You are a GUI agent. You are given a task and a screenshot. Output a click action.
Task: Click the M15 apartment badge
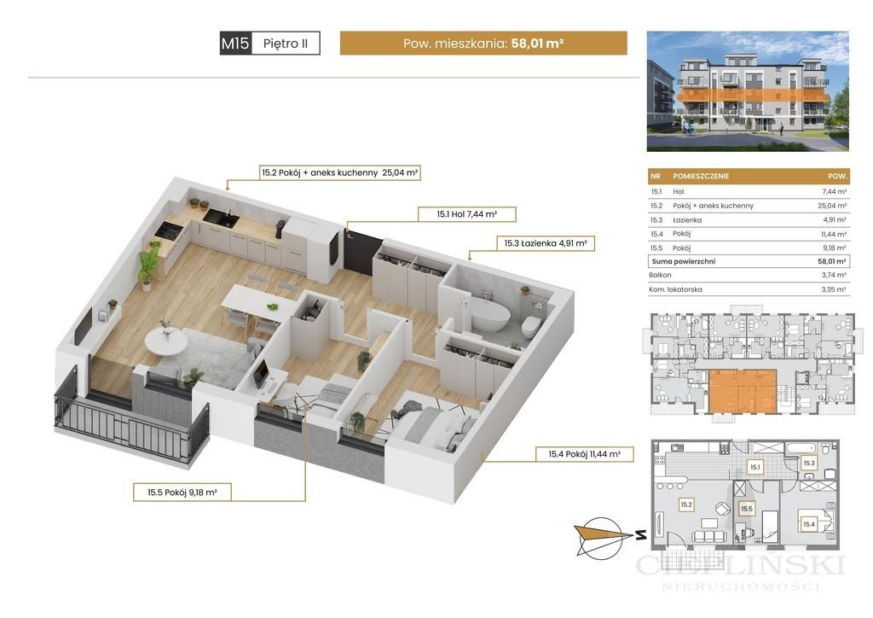[x=235, y=44]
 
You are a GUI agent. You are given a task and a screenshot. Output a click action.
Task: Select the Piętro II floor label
[x=286, y=44]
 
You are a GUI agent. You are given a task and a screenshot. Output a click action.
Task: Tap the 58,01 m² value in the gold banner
[x=537, y=43]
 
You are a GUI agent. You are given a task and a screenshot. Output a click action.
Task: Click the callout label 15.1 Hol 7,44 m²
[x=466, y=214]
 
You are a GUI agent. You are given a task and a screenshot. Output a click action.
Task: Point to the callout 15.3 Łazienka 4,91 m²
[x=546, y=243]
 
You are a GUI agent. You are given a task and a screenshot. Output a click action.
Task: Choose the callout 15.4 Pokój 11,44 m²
[x=584, y=454]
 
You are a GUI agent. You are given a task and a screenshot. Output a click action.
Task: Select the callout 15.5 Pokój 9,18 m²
[x=182, y=492]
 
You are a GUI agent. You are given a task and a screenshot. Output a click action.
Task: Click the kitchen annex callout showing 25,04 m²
[x=339, y=172]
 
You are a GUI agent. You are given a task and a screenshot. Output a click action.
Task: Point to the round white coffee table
[x=166, y=341]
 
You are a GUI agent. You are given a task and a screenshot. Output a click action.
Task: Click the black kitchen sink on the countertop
[x=221, y=218]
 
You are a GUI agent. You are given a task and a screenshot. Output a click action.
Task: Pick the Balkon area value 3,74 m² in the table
[x=834, y=275]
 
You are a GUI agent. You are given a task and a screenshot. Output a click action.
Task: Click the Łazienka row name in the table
[x=687, y=220]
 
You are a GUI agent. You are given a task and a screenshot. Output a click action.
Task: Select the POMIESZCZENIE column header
[x=701, y=176]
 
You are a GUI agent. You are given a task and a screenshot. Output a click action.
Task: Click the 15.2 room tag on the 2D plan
[x=686, y=504]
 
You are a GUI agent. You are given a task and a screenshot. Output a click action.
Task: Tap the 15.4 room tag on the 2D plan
[x=808, y=524]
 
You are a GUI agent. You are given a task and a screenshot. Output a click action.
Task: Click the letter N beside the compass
[x=641, y=535]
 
